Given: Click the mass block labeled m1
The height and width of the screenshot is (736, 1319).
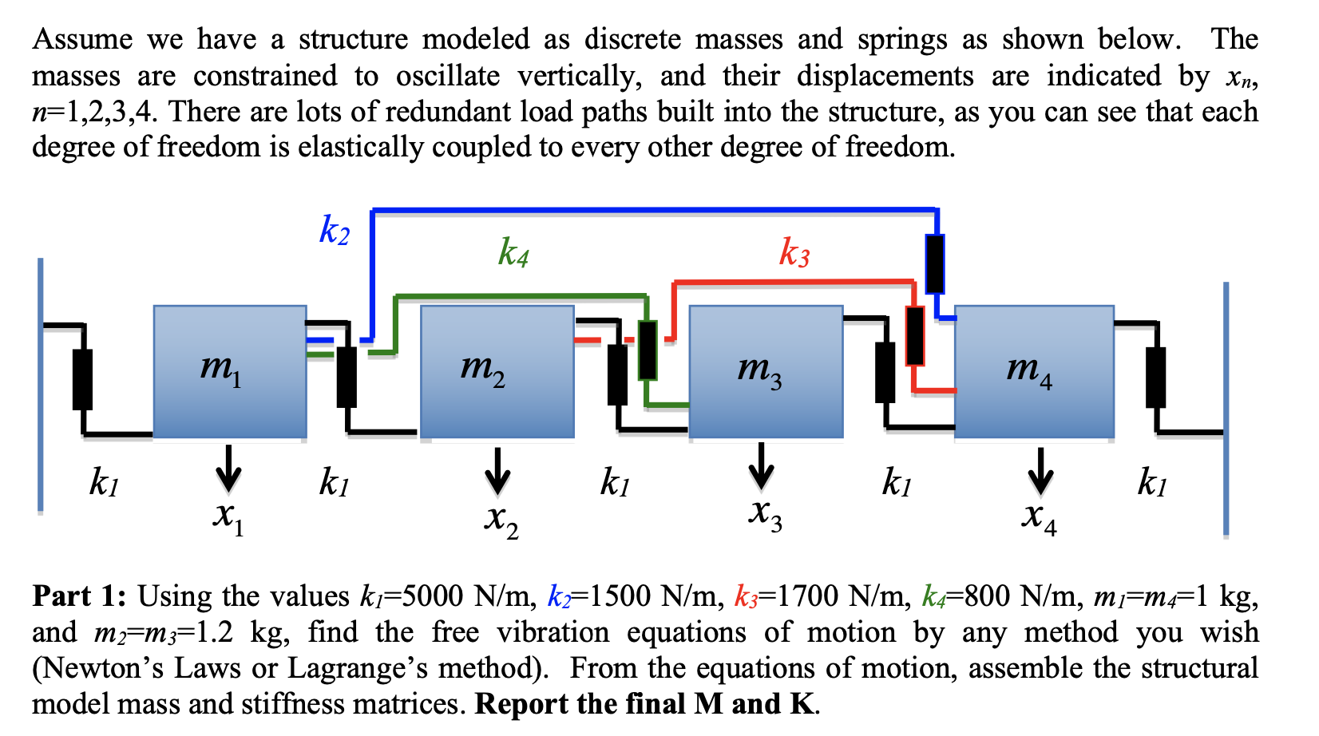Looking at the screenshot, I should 229,371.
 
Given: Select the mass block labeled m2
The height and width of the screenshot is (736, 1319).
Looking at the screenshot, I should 497,371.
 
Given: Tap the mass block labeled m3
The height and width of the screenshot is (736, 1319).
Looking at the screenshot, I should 766,371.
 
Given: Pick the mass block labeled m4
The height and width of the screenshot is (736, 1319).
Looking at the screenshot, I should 1034,371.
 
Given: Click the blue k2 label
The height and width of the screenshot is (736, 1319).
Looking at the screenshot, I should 335,231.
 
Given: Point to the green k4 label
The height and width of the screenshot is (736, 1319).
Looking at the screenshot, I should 513,252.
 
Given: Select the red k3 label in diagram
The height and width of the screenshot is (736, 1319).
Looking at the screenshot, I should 794,252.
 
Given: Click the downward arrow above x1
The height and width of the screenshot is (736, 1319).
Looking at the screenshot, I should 228,469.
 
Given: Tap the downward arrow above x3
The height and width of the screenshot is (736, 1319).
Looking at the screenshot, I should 761,465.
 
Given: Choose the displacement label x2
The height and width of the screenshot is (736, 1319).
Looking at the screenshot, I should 501,519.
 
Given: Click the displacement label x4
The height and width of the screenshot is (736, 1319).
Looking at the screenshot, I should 1039,516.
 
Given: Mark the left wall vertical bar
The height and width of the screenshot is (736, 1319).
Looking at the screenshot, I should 40,383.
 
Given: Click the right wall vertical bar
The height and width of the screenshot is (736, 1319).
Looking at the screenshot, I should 1226,407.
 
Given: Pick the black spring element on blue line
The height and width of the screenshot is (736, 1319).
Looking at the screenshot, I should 934,263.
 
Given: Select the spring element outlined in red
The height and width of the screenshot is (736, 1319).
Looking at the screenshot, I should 915,335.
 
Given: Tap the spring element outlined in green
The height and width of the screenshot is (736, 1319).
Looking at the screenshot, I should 648,350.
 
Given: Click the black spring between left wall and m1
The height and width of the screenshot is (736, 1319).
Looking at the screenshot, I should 82,379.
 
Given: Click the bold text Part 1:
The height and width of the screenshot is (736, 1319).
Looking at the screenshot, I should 78,596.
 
